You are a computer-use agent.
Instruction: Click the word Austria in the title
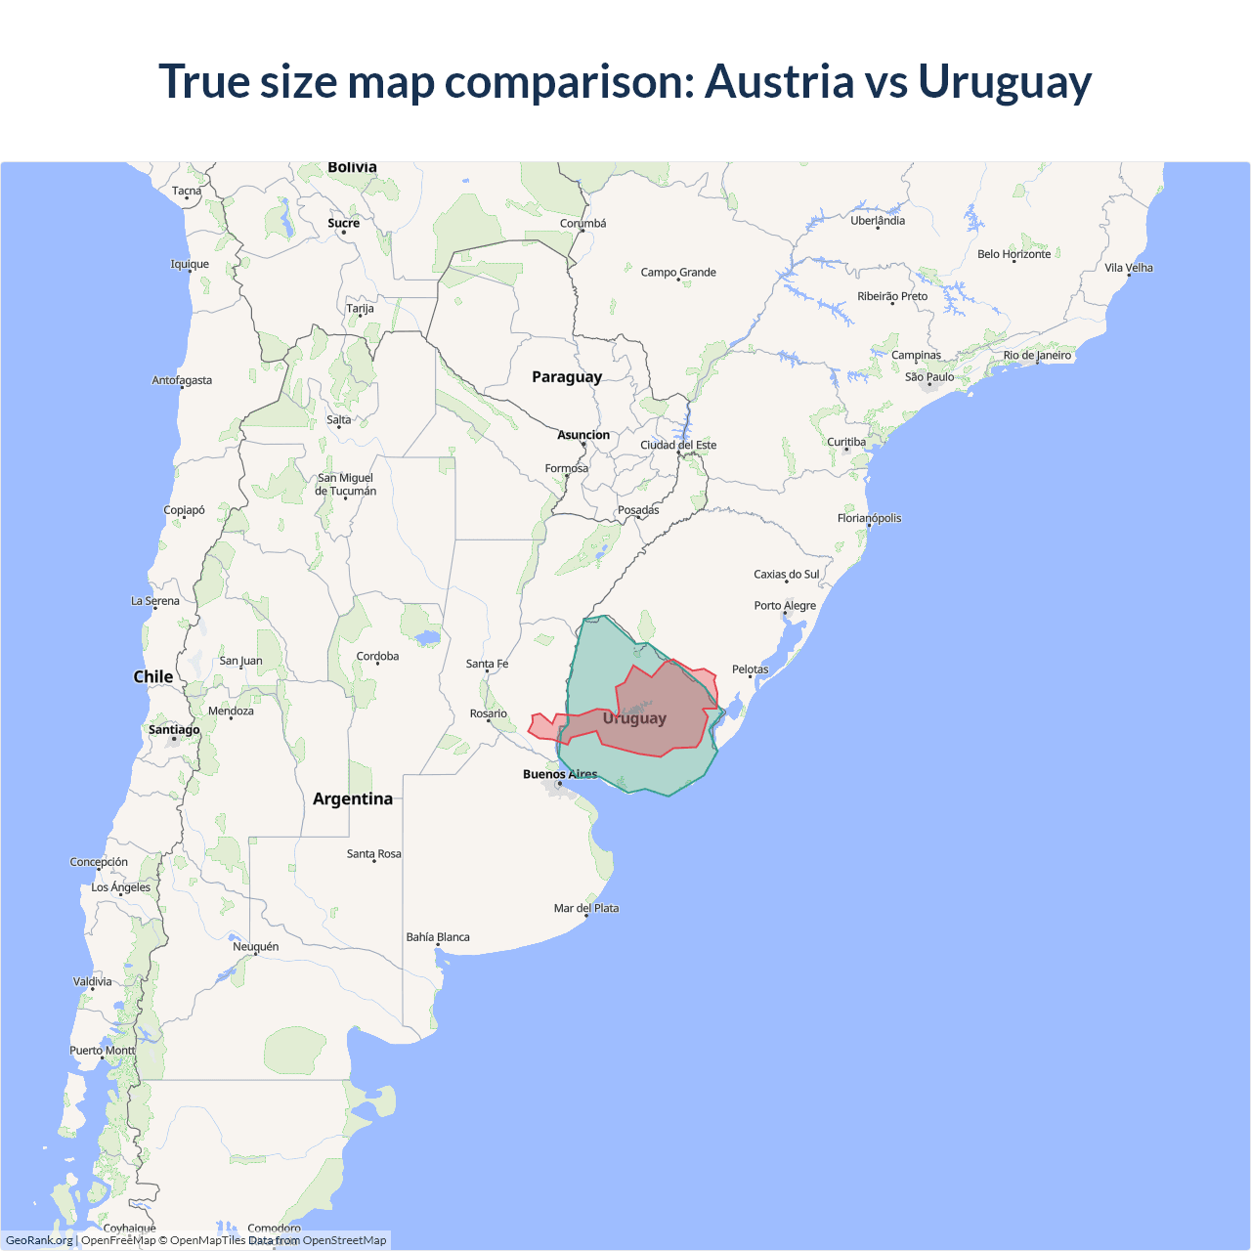(x=779, y=81)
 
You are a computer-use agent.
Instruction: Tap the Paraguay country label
(x=567, y=377)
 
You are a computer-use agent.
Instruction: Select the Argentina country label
(x=353, y=798)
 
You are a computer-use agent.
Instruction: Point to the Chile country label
(x=153, y=676)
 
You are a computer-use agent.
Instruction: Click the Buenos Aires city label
(x=560, y=774)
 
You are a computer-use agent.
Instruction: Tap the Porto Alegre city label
(x=785, y=606)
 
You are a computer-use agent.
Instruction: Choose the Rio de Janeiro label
(x=1037, y=356)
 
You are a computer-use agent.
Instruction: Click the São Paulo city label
(x=929, y=377)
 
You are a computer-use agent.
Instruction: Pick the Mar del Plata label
(x=586, y=908)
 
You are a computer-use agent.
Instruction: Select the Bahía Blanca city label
(x=438, y=937)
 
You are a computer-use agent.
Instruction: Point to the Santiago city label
(x=174, y=730)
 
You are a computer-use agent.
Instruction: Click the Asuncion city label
(x=583, y=435)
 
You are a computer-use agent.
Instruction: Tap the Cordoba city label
(x=377, y=657)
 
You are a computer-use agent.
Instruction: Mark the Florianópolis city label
(x=869, y=518)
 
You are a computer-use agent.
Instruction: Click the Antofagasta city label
(x=182, y=380)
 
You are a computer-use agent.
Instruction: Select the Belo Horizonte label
(x=1014, y=254)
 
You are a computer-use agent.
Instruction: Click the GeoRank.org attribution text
(x=39, y=1240)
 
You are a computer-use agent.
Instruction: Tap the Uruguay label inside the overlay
(x=634, y=718)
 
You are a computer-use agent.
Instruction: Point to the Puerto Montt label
(x=103, y=1051)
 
